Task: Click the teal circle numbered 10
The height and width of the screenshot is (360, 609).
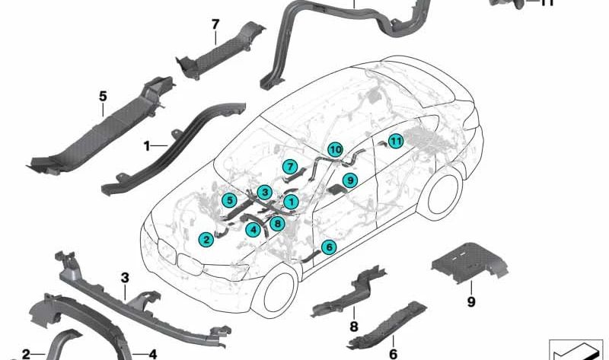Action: pyautogui.click(x=335, y=149)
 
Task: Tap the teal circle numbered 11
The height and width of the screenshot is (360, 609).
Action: pyautogui.click(x=395, y=141)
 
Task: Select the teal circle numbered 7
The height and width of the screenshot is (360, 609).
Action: pyautogui.click(x=290, y=167)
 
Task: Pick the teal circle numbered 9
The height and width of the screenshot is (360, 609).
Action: pyautogui.click(x=350, y=180)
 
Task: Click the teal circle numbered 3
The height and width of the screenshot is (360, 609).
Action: pyautogui.click(x=265, y=193)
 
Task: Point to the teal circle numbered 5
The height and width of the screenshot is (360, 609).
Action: pyautogui.click(x=230, y=200)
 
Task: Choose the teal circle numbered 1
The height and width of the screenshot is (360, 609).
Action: pyautogui.click(x=291, y=202)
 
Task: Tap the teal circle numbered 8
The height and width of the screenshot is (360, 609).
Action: pyautogui.click(x=277, y=223)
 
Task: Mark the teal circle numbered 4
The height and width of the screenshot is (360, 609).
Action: pyautogui.click(x=253, y=230)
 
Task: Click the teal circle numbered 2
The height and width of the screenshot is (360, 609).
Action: pyautogui.click(x=206, y=240)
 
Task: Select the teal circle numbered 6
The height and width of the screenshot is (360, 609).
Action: pyautogui.click(x=329, y=247)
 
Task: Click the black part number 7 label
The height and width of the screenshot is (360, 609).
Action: pyautogui.click(x=215, y=24)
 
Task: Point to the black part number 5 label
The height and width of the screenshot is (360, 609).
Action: pyautogui.click(x=103, y=96)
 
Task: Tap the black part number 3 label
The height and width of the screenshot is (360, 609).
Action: pyautogui.click(x=125, y=278)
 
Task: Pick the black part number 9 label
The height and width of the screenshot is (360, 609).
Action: pyautogui.click(x=471, y=301)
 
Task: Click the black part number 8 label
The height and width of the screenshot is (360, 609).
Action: pyautogui.click(x=354, y=327)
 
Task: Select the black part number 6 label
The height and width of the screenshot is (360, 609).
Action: pyautogui.click(x=393, y=354)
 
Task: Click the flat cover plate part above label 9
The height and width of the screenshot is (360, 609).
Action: pyautogui.click(x=469, y=261)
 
